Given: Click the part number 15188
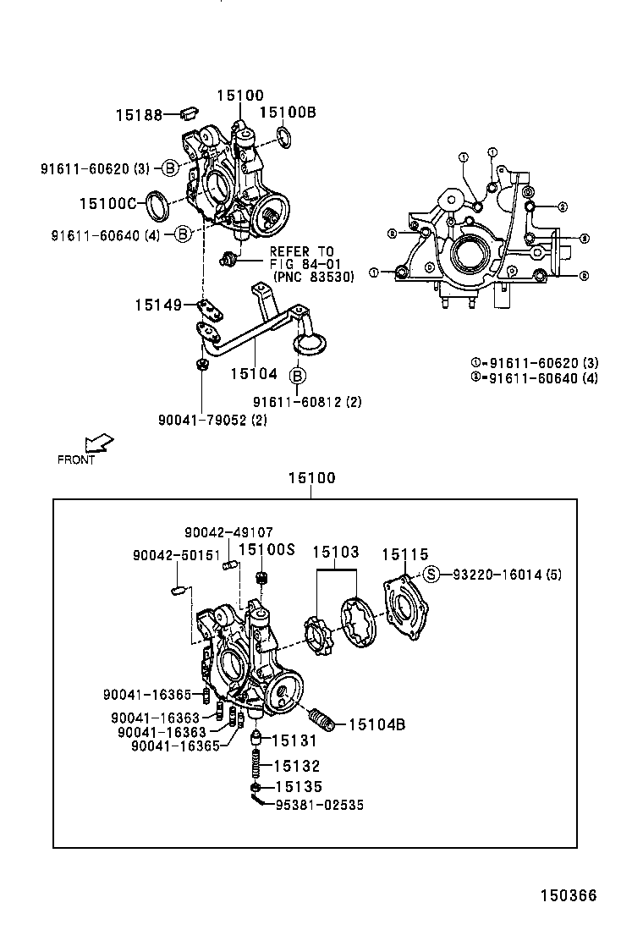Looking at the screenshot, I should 139,114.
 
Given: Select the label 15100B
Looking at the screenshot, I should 287,112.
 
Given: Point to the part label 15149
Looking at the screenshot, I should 158,304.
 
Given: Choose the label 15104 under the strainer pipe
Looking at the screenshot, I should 254,372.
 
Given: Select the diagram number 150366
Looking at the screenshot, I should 569,895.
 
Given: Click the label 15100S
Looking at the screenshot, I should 266,549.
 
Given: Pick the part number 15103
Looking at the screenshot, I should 336,553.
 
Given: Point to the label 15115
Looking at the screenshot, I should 405,554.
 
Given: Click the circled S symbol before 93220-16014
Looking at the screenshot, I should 432,575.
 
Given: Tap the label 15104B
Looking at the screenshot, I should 377,724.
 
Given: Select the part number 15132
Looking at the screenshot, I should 297,766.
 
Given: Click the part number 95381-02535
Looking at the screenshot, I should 319,806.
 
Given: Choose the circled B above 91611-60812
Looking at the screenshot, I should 298,376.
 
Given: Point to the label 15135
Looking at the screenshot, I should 299,787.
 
